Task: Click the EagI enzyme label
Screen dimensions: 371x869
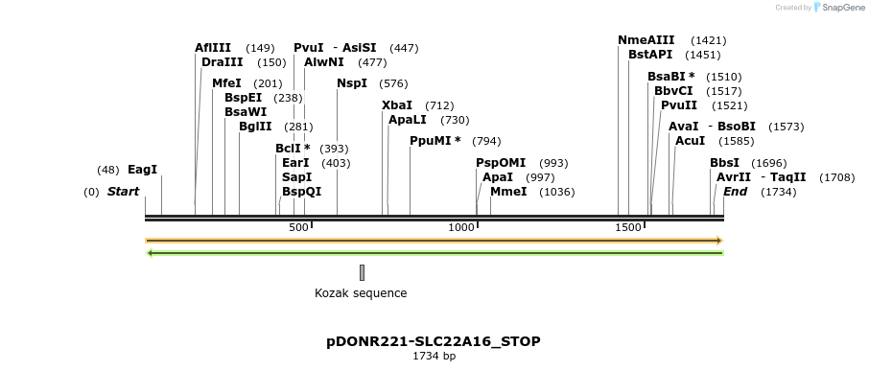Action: coord(142,170)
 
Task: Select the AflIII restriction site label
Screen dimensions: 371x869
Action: coord(212,48)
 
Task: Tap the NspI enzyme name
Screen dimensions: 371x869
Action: coord(352,83)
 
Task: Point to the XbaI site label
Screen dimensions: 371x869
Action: coord(397,105)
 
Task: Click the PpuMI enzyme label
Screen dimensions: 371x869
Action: coord(435,141)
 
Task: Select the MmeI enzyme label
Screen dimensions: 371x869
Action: coord(508,192)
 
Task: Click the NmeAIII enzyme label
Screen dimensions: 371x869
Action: coord(646,40)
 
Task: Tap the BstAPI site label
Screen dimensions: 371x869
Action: coord(650,55)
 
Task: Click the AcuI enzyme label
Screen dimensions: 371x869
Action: coord(691,141)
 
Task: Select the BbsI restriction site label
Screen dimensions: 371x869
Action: coord(724,163)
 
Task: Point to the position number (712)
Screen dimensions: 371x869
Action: coord(439,105)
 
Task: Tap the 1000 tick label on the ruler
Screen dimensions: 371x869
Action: coord(463,227)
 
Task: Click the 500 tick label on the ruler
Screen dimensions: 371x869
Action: coord(298,227)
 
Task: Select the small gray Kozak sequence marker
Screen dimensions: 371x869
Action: coord(362,272)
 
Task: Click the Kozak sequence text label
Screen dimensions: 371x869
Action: coord(361,293)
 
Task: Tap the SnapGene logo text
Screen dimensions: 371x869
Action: coord(841,8)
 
